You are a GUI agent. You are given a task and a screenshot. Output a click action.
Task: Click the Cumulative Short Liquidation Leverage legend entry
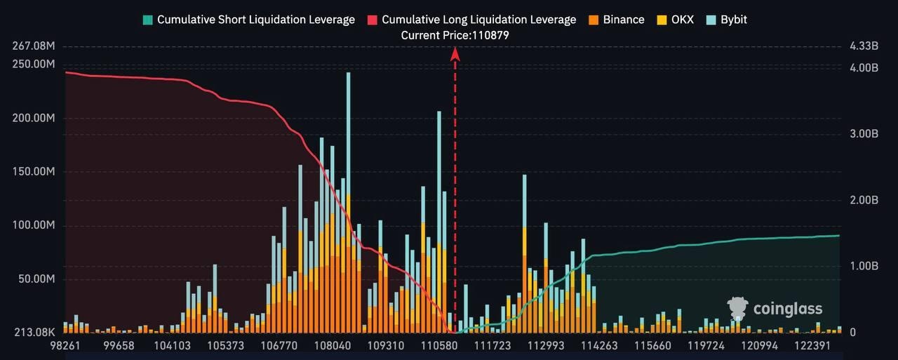tap(248, 20)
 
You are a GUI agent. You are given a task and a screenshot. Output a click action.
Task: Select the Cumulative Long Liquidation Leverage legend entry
tap(471, 20)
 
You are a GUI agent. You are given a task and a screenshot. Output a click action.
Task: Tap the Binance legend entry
tap(615, 20)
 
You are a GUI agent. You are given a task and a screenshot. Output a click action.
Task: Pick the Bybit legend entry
tap(725, 20)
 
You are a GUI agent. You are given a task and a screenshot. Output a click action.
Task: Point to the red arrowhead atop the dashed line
tap(455, 53)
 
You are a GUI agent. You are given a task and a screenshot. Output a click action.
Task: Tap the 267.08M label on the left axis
tap(34, 46)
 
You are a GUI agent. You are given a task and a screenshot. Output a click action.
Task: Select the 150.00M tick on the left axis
tap(34, 172)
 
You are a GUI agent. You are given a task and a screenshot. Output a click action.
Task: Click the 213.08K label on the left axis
tap(34, 332)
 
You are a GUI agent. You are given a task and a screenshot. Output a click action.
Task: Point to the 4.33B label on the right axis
tap(864, 46)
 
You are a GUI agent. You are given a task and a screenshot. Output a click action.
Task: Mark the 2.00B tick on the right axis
tap(864, 200)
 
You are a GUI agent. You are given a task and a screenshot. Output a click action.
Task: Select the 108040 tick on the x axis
tap(333, 346)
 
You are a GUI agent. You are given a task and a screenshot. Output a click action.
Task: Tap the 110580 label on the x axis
tap(438, 346)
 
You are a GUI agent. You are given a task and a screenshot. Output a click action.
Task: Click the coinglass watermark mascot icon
tap(737, 309)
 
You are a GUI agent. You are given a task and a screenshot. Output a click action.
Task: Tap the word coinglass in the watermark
tap(787, 309)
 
